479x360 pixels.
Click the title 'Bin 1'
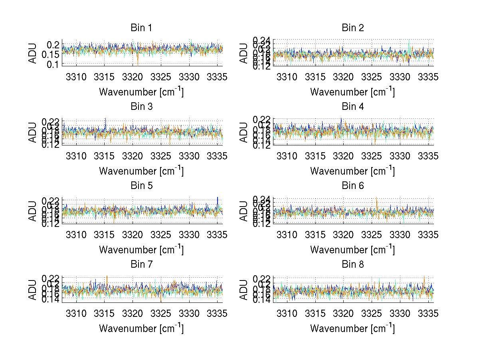[141, 28]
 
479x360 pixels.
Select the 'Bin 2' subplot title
[352, 28]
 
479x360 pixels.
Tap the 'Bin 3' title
[141, 107]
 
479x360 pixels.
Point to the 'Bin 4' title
[352, 107]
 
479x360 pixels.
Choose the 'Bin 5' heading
[141, 185]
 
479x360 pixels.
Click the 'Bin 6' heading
[352, 185]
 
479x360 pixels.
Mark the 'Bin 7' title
[141, 264]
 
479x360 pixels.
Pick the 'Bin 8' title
[352, 264]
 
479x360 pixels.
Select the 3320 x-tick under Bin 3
[133, 156]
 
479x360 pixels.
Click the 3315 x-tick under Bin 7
[104, 313]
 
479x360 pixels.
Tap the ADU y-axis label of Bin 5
[32, 211]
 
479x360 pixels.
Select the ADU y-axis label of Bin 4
[243, 132]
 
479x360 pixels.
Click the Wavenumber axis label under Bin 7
[141, 328]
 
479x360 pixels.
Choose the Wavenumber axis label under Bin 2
[352, 92]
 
